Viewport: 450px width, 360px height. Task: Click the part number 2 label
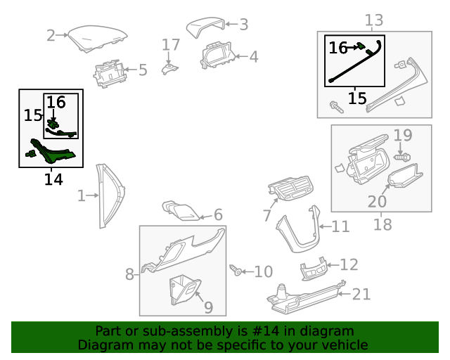51,35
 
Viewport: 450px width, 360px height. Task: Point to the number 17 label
172,46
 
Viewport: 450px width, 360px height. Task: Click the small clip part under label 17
170,69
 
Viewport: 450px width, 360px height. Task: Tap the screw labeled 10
237,270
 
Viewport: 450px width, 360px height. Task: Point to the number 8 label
129,274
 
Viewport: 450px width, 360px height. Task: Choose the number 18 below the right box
382,225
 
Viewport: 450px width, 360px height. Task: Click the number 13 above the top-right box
374,20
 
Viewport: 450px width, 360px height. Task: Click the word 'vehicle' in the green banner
342,345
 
